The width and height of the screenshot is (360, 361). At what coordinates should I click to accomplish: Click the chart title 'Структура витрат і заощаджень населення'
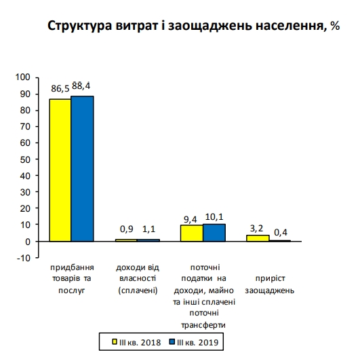(193, 26)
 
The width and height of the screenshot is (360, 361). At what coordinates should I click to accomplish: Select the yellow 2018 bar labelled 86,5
(60, 170)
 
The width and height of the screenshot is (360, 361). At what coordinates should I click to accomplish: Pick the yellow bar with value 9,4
(191, 233)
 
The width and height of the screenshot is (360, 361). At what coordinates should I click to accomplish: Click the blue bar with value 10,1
(214, 232)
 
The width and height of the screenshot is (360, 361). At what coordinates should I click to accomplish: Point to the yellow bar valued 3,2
(258, 238)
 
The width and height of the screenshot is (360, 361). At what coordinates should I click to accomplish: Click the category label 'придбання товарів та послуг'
(73, 278)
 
